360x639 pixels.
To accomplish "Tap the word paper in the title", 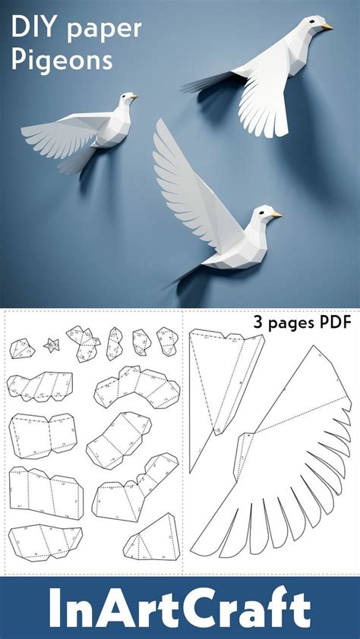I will (110, 30).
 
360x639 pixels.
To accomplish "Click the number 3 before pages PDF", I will (257, 323).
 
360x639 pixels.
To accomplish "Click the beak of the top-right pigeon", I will (327, 27).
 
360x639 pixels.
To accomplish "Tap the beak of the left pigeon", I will (134, 97).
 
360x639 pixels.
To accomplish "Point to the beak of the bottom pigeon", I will (277, 215).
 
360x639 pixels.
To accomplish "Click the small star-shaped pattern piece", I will (52, 345).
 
